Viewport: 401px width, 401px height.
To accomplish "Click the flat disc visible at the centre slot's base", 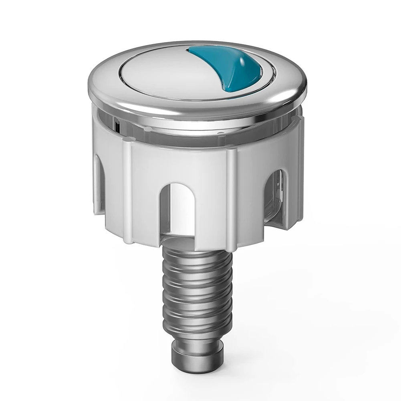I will pos(188,240).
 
